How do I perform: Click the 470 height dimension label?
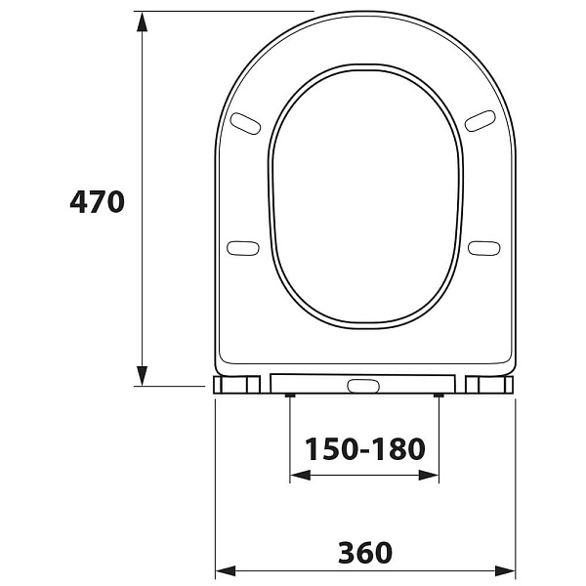click(98, 202)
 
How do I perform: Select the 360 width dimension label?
click(365, 553)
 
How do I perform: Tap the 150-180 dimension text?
click(365, 449)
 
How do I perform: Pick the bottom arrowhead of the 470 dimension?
click(143, 375)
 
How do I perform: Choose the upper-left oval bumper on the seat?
click(245, 122)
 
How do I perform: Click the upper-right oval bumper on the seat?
click(480, 120)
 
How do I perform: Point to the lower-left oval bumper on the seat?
click(242, 248)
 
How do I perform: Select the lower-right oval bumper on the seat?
click(483, 248)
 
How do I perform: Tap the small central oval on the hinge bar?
click(363, 386)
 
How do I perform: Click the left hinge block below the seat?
click(237, 385)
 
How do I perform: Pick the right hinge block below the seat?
click(489, 385)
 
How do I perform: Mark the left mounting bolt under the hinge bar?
click(290, 396)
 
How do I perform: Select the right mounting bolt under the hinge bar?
click(439, 396)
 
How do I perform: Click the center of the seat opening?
click(364, 195)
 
